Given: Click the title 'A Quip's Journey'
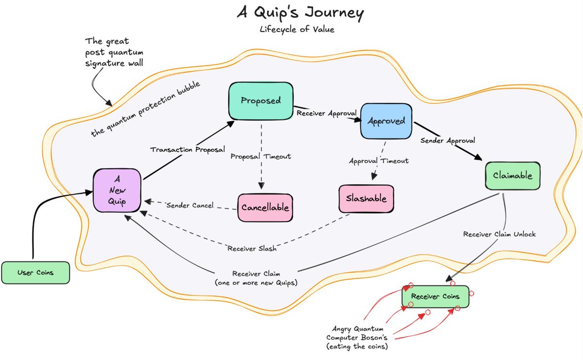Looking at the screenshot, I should [300, 13].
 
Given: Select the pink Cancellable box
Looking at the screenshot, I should [265, 207].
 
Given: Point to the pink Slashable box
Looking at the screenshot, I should [366, 199].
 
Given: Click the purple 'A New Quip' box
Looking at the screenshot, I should [118, 190].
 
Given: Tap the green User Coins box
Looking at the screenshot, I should [35, 272].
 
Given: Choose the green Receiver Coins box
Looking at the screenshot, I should [435, 296].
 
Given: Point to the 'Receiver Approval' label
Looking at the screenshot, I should [326, 113].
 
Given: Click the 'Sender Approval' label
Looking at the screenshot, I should [447, 140].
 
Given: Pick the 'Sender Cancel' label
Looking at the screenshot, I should [190, 205].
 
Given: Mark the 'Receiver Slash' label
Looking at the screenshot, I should [252, 249].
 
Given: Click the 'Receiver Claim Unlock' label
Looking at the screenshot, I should [499, 234].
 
